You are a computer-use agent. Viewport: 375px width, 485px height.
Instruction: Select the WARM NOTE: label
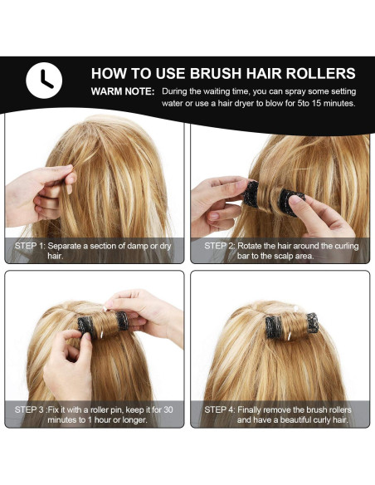(x=122, y=91)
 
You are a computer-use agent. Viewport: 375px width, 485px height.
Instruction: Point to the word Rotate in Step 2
(x=256, y=246)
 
